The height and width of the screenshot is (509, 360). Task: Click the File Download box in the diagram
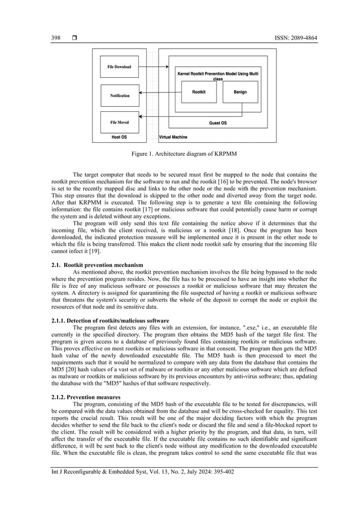click(119, 67)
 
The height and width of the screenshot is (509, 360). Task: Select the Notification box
click(119, 95)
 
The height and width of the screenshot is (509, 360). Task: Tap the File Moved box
click(119, 122)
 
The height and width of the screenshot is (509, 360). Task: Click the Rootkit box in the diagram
click(199, 92)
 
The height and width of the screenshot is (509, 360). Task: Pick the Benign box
click(240, 92)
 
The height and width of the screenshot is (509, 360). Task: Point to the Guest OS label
click(218, 122)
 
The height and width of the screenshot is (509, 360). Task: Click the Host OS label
click(120, 137)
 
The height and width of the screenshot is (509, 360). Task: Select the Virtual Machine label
click(173, 137)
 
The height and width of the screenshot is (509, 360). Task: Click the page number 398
click(49, 38)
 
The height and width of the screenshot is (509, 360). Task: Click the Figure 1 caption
click(180, 153)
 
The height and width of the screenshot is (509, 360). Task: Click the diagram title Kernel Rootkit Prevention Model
click(218, 76)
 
